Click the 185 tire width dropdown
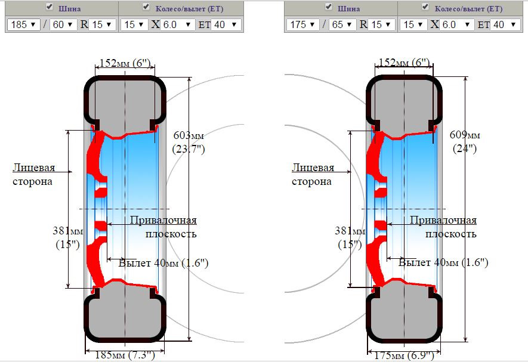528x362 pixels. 23,24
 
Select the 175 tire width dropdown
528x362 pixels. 302,24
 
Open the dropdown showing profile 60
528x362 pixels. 63,24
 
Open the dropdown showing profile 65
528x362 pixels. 342,24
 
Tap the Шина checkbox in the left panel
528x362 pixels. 50,7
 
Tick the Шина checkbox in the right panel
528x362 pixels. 329,7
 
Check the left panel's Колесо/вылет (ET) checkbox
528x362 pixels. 146,7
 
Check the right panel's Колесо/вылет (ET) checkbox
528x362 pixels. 425,7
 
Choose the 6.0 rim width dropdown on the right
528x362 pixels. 456,24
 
